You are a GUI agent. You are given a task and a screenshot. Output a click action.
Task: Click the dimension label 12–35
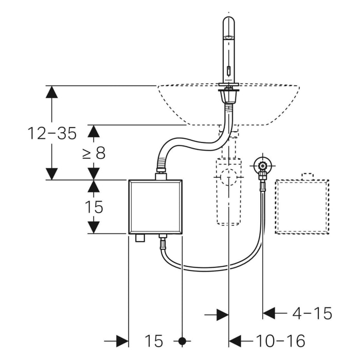click(51, 134)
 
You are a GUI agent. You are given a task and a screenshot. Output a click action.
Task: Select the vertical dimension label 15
click(94, 207)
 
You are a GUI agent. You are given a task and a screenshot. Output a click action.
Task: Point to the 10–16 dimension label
click(280, 340)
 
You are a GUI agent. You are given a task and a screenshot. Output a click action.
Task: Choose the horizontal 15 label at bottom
click(154, 340)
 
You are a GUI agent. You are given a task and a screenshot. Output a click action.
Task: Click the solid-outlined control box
click(155, 206)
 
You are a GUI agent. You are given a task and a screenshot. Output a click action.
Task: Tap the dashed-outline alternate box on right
click(302, 207)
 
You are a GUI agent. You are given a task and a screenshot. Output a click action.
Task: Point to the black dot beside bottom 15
click(182, 340)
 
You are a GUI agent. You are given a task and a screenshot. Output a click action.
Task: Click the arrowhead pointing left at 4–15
click(269, 313)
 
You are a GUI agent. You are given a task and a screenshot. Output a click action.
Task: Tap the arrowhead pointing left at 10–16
click(235, 340)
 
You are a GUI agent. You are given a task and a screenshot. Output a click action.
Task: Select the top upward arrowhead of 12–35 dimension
click(51, 92)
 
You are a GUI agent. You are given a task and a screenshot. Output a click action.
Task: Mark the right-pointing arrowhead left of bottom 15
click(122, 340)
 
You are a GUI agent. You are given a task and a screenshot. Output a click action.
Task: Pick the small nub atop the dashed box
click(307, 176)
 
